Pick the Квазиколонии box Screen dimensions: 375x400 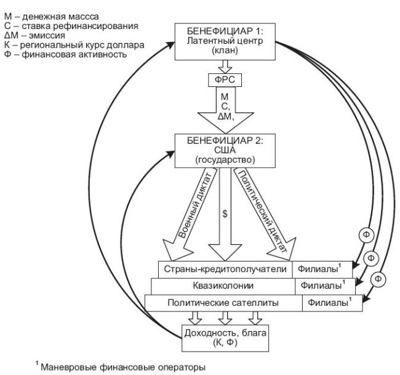pos(223,286)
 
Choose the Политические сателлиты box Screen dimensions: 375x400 pos(223,303)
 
